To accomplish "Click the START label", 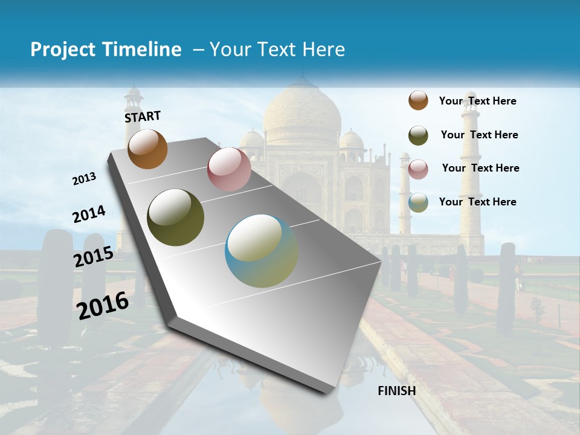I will point(143,116).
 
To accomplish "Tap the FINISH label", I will point(397,391).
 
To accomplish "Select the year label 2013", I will point(85,179).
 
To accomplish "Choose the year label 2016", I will point(103,305).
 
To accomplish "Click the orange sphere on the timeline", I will point(147,149).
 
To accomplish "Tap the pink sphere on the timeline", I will point(229,169).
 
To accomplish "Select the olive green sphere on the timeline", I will point(175,217).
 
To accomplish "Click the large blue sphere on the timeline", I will point(262,251).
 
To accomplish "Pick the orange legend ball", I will point(418,100).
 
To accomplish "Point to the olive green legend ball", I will point(418,135).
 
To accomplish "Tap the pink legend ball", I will point(418,169).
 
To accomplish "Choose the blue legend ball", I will point(418,202).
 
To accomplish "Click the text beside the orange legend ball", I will point(477,101).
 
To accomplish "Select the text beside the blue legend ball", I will point(477,202).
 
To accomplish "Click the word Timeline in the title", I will point(143,50).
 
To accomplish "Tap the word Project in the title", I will point(63,50).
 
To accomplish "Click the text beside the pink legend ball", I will point(480,168).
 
